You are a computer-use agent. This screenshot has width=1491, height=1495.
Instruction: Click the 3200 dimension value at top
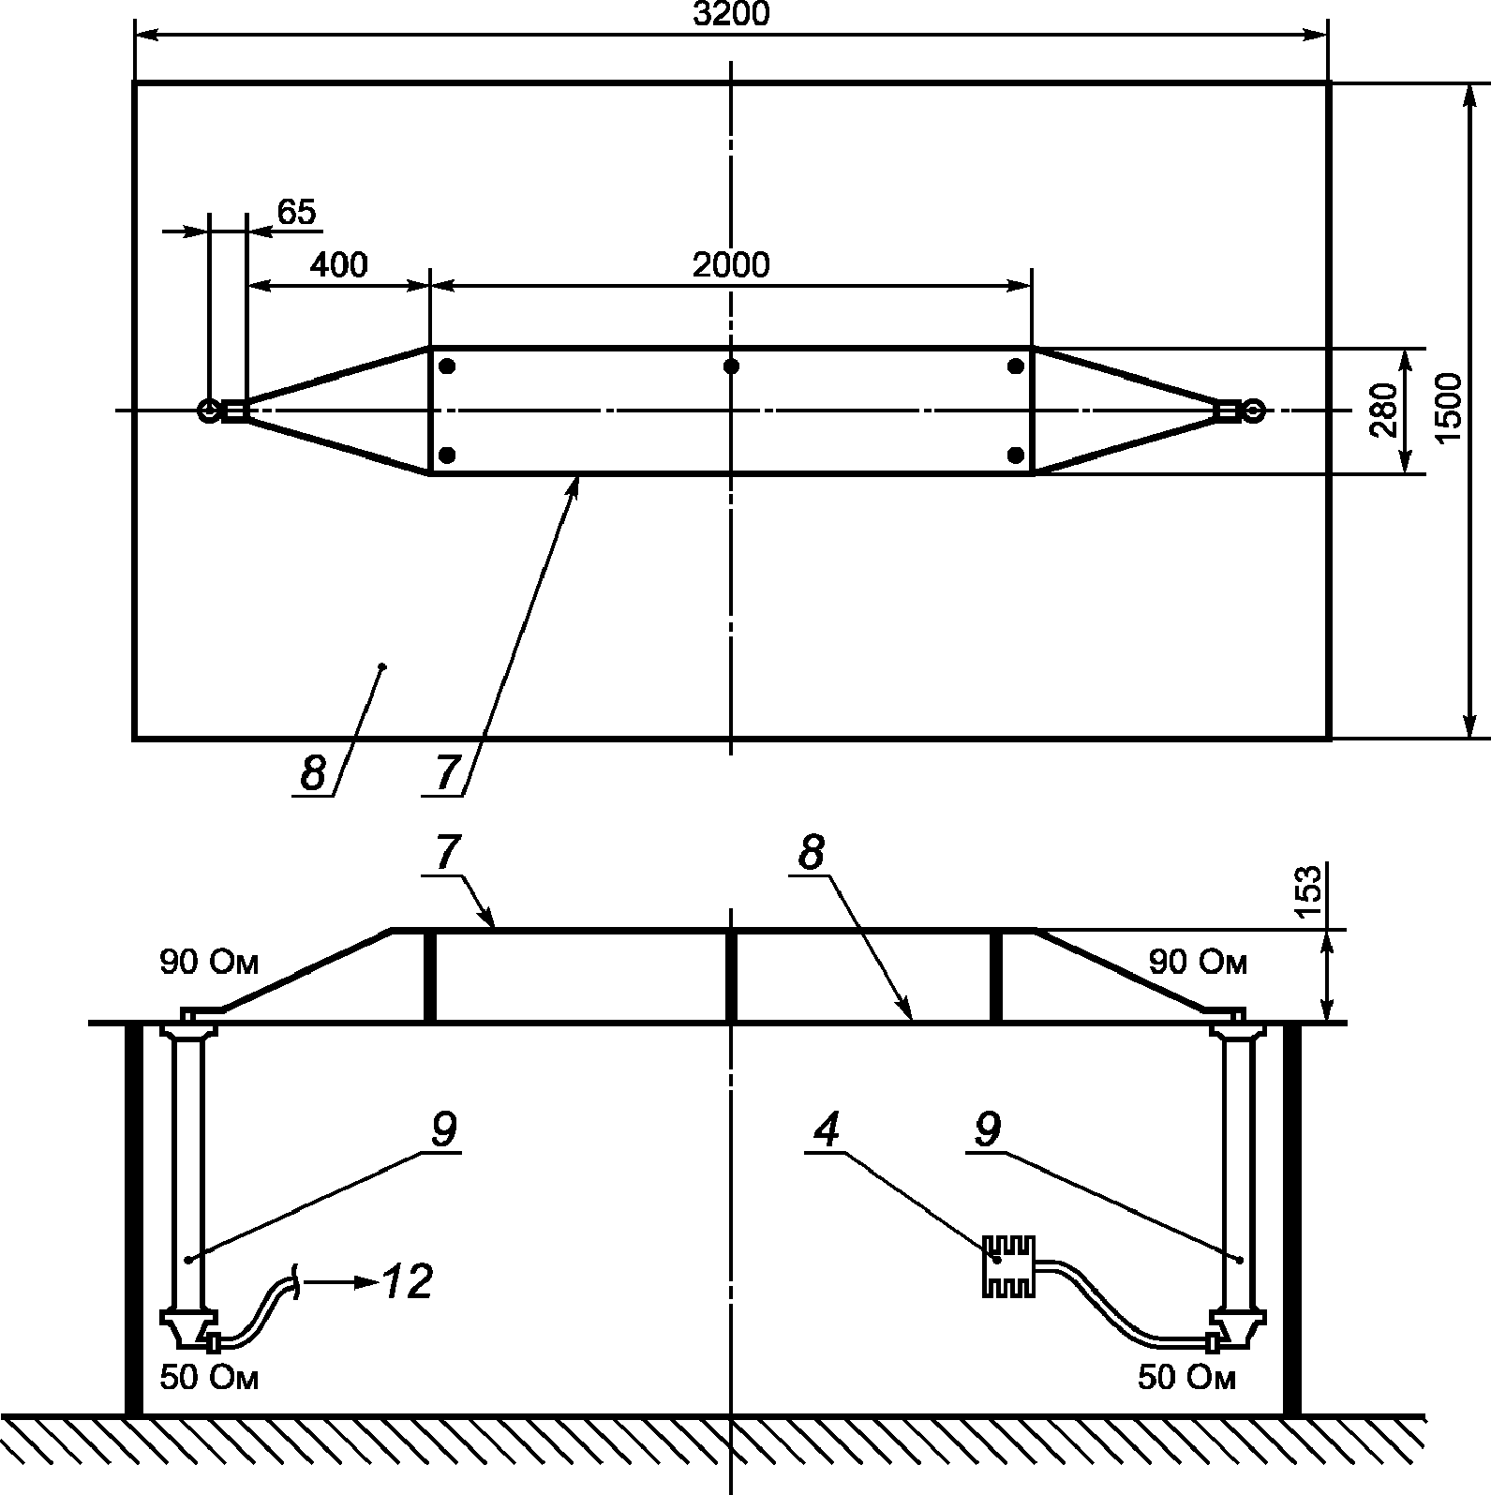click(730, 14)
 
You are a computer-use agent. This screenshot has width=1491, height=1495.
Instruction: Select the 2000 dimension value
click(731, 265)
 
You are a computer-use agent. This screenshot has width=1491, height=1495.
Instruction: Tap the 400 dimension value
click(338, 265)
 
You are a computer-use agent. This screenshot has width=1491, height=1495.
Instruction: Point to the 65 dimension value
click(296, 213)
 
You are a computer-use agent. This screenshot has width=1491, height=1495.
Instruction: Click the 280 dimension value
click(1384, 411)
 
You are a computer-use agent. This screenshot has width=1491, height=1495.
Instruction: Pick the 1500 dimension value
click(1448, 409)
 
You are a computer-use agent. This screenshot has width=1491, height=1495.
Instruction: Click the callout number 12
click(408, 1281)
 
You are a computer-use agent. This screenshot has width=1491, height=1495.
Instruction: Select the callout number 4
click(826, 1129)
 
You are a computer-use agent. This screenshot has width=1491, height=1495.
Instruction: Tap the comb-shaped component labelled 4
click(1007, 1266)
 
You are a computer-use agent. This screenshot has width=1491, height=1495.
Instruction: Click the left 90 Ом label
click(208, 963)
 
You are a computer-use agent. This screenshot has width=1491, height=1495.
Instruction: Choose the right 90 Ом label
click(1198, 963)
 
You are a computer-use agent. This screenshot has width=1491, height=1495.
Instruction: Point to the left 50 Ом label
click(208, 1377)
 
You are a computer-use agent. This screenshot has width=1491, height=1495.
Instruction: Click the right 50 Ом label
click(1186, 1377)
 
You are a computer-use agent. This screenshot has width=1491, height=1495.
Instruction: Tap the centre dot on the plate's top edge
click(731, 366)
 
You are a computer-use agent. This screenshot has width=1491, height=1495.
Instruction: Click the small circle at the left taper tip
click(208, 411)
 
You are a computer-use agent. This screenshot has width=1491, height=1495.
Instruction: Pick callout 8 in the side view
click(812, 854)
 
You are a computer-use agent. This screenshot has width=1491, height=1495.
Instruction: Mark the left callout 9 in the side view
click(442, 1129)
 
